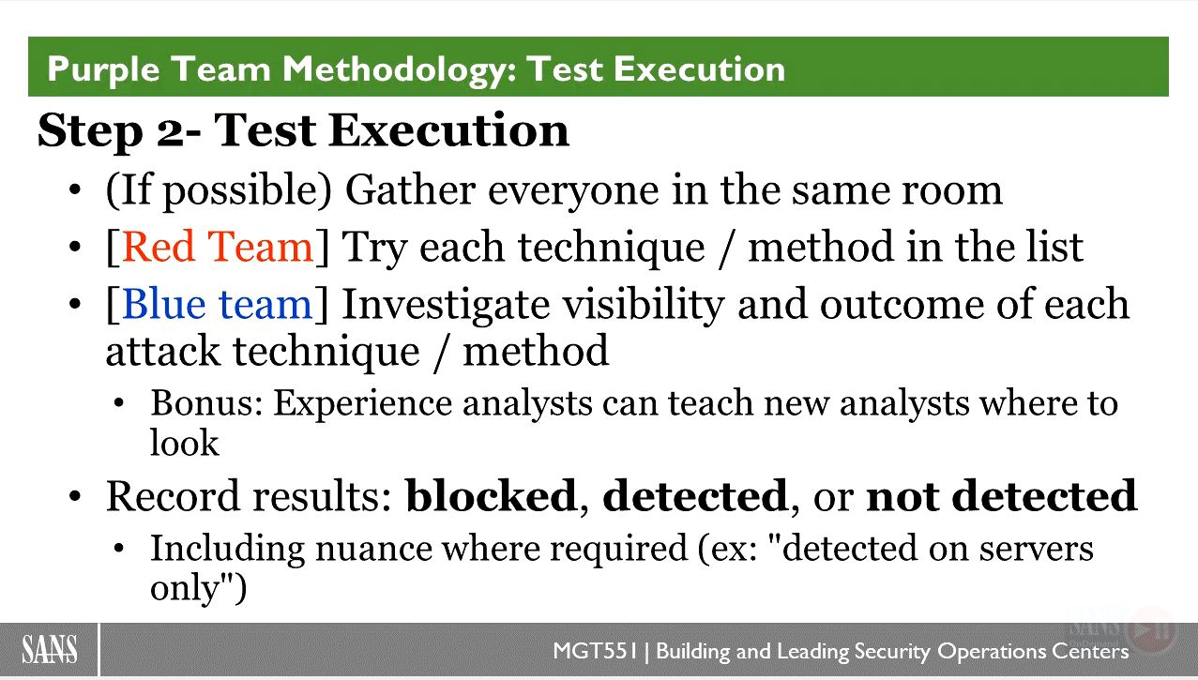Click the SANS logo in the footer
coord(49,650)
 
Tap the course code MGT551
coord(596,651)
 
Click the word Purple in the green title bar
coord(103,70)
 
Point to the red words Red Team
coord(217,247)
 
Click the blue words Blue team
coord(217,304)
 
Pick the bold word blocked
coord(491,495)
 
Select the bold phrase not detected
coord(1001,495)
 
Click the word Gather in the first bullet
coord(411,189)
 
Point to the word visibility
coord(644,304)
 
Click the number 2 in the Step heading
coord(170,132)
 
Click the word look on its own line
coord(184,443)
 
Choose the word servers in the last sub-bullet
coord(1036,549)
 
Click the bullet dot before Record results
coord(75,496)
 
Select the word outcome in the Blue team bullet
coord(902,305)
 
